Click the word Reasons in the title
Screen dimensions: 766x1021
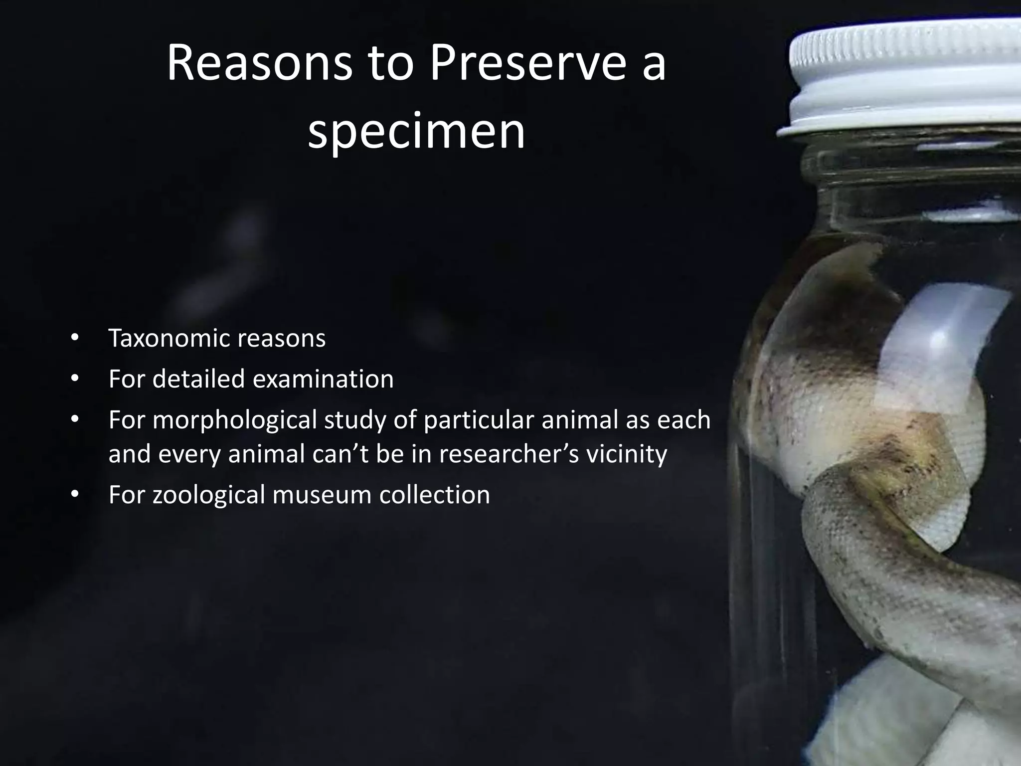coord(259,64)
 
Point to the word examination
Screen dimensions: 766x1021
coord(323,379)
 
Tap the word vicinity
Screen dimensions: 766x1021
coord(626,454)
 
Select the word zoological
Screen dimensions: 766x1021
coord(208,495)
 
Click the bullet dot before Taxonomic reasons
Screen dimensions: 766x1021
coord(74,338)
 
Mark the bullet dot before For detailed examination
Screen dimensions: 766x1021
coord(74,379)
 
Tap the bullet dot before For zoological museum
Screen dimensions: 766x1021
coord(74,495)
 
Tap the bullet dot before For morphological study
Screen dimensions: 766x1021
coord(74,420)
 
